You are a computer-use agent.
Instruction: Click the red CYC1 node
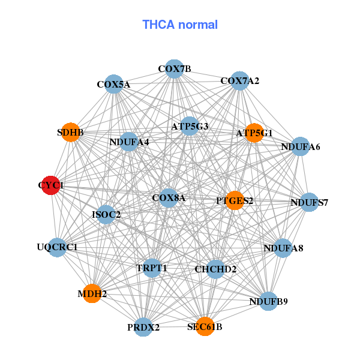[51, 185]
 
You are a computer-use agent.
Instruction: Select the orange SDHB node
[71, 133]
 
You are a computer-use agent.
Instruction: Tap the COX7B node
[174, 69]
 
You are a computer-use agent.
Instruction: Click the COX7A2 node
[239, 81]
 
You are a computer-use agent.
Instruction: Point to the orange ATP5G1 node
[254, 133]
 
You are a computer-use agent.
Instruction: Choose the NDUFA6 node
[300, 146]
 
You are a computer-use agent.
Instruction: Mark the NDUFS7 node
[309, 202]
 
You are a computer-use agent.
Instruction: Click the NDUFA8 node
[283, 248]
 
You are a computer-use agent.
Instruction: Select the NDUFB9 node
[268, 301]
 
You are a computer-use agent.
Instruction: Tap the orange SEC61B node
[205, 326]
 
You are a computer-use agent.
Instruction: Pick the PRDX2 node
[143, 327]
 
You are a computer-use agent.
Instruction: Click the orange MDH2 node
[92, 293]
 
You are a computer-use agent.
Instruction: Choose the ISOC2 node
[106, 214]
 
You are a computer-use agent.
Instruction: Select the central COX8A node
[169, 197]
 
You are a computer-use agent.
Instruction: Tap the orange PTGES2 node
[235, 200]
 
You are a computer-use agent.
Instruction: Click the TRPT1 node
[152, 268]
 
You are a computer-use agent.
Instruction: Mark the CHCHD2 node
[215, 269]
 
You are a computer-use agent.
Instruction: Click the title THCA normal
[180, 25]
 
